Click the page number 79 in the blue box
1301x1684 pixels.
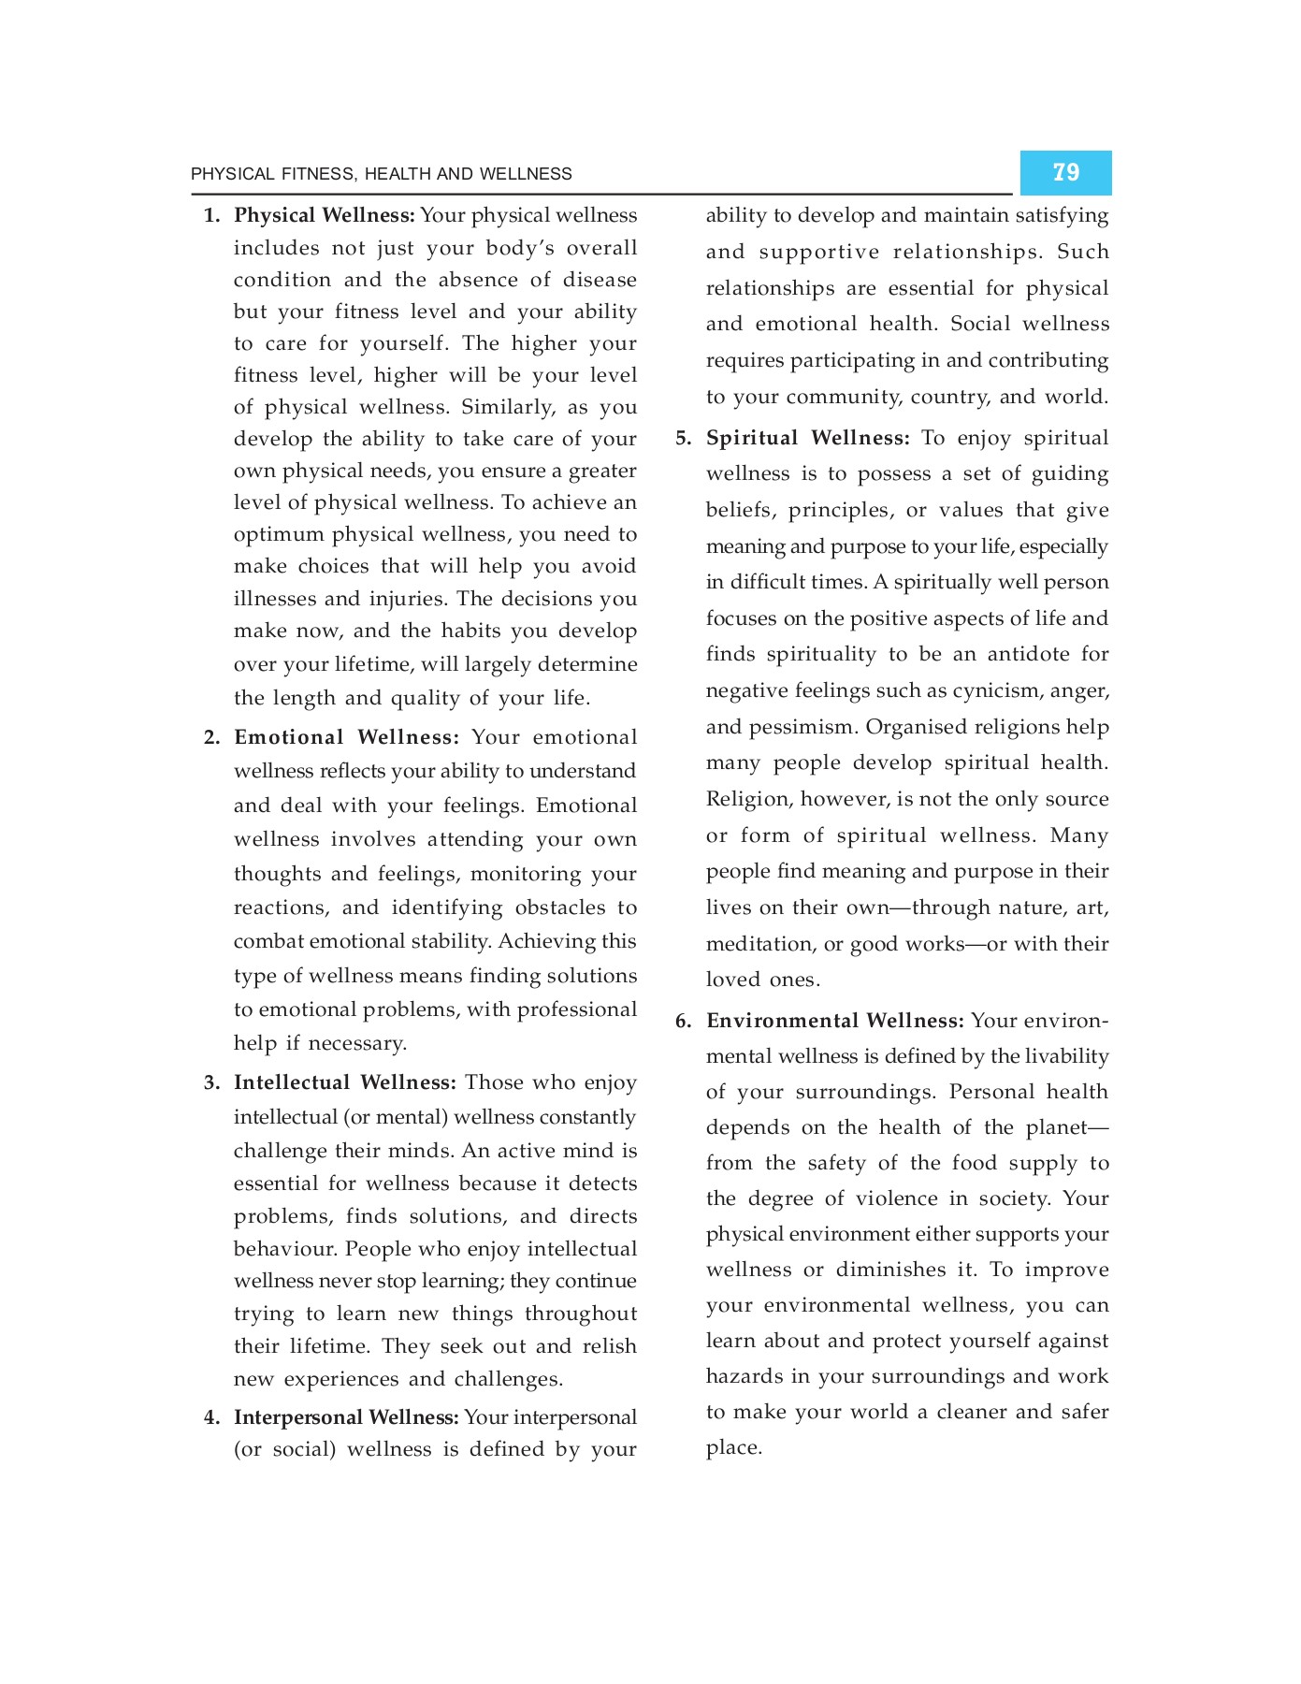[x=1065, y=172]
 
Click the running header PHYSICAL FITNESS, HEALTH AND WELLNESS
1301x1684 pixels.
[x=381, y=174]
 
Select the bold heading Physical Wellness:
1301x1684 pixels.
[x=324, y=215]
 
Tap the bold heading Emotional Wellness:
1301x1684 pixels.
[x=346, y=737]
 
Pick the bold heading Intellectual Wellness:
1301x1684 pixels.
[x=344, y=1082]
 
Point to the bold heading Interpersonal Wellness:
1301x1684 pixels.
[x=346, y=1417]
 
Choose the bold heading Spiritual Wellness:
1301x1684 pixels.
[x=807, y=438]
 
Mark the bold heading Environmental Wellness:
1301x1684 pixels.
[x=834, y=1021]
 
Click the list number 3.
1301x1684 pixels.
[x=212, y=1083]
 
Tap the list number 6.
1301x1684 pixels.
[x=684, y=1021]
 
